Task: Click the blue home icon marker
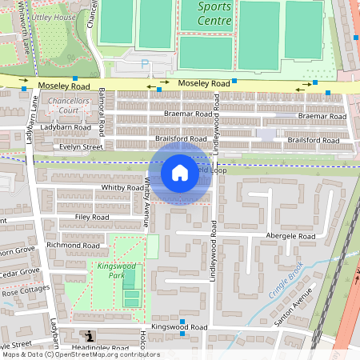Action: pyautogui.click(x=180, y=172)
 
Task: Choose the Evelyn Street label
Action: pyautogui.click(x=82, y=146)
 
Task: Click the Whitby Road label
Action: pyautogui.click(x=122, y=187)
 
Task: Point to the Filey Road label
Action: pyautogui.click(x=90, y=216)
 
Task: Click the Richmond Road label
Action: pyautogui.click(x=73, y=245)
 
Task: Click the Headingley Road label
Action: pyautogui.click(x=98, y=348)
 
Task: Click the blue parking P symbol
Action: pyautogui.click(x=145, y=63)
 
